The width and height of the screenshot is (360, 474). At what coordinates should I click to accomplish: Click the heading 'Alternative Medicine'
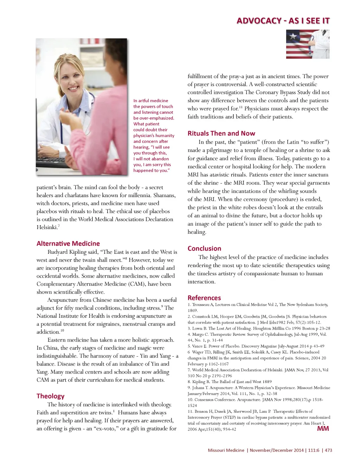tap(68, 244)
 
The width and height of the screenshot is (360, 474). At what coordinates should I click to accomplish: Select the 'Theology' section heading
tap(51, 396)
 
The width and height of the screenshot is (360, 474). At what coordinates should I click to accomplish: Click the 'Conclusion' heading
tap(204, 248)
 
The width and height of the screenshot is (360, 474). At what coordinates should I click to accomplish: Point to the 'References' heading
tap(204, 298)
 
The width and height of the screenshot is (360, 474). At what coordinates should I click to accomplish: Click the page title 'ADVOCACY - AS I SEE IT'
tap(283, 21)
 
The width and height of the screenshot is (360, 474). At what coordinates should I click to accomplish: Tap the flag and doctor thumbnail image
tap(308, 44)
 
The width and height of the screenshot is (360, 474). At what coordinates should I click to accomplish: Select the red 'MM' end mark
tap(323, 429)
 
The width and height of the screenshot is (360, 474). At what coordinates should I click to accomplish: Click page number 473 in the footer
tap(328, 450)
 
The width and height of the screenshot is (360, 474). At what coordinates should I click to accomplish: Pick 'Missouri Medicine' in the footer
tap(226, 450)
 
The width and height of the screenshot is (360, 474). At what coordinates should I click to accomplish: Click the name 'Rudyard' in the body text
tap(58, 252)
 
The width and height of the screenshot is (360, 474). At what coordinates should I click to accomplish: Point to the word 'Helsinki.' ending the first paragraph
tap(47, 227)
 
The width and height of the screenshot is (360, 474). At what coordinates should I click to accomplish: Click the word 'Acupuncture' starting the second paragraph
tap(63, 300)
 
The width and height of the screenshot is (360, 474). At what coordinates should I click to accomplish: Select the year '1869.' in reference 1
tap(193, 311)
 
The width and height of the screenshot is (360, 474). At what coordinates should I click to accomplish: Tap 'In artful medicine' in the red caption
tap(150, 101)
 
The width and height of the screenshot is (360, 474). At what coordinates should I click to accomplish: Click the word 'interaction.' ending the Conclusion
tap(201, 282)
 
